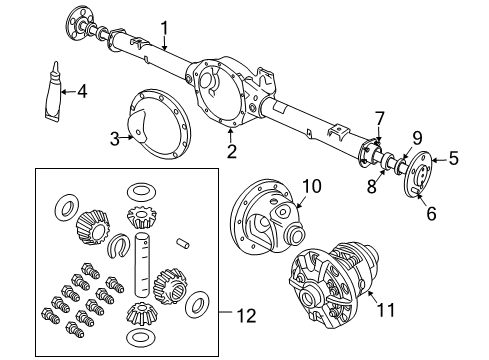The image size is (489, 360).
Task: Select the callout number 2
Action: [231, 151]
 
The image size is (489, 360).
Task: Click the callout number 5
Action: [453, 156]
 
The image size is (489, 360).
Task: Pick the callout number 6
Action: [432, 212]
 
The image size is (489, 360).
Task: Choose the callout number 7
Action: [380, 118]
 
